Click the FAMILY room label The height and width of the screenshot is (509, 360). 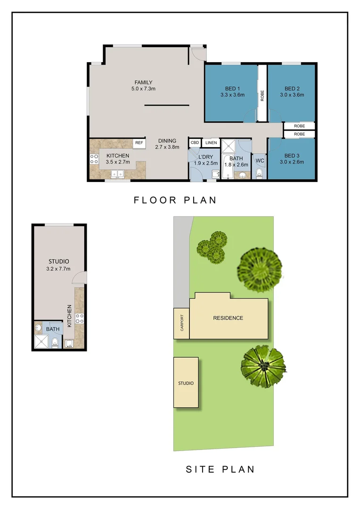click(x=143, y=82)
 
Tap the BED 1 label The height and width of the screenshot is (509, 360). click(x=232, y=89)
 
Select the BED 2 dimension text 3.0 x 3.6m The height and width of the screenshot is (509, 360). click(x=292, y=95)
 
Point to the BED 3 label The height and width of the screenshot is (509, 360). click(x=292, y=156)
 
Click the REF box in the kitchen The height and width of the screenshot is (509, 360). click(x=139, y=143)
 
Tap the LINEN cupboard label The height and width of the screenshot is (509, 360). click(x=211, y=142)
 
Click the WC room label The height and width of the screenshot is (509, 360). click(x=260, y=161)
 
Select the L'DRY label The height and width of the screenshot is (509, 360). click(x=205, y=157)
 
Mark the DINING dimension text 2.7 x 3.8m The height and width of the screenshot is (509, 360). click(x=167, y=147)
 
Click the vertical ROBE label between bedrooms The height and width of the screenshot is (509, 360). click(x=262, y=96)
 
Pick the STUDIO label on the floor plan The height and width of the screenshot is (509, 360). click(x=59, y=262)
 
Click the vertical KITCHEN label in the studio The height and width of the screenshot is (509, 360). click(x=69, y=316)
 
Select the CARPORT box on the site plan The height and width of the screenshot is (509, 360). click(x=181, y=323)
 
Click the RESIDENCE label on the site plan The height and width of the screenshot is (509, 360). click(x=228, y=318)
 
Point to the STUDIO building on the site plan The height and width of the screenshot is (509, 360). click(x=186, y=383)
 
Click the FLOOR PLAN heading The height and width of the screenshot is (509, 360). click(x=175, y=200)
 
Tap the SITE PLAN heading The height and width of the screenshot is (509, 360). click(x=220, y=469)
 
